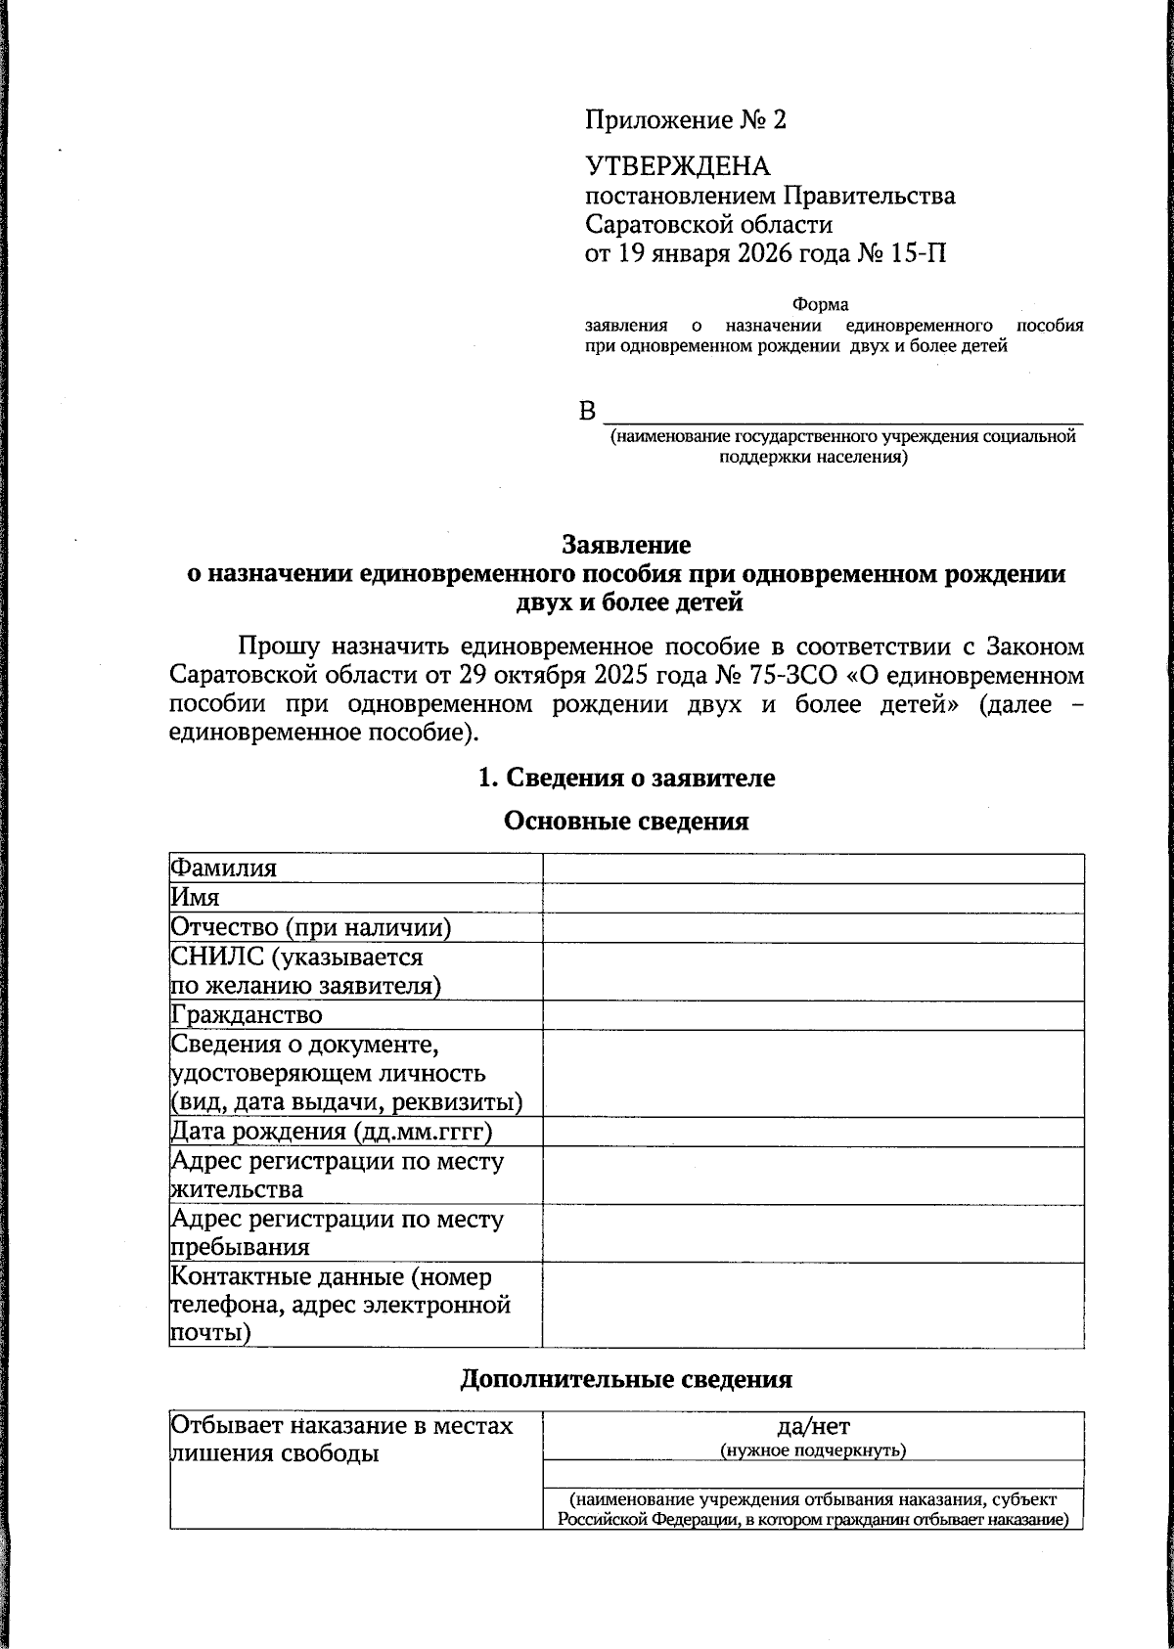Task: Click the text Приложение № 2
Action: coord(686,120)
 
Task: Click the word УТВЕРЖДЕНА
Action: coord(678,166)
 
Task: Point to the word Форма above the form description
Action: coord(820,305)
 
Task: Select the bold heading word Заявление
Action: coord(626,544)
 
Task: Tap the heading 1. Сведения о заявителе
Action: coord(626,778)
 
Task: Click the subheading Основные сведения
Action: coord(626,822)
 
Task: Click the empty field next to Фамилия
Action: coord(813,869)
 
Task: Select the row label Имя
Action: coord(196,898)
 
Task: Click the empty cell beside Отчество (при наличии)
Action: coord(813,927)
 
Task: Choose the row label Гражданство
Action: coord(247,1015)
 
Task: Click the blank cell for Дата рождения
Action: coord(813,1132)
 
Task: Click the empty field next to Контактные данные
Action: coord(813,1305)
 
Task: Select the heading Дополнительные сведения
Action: coord(626,1379)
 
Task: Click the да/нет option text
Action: coord(813,1427)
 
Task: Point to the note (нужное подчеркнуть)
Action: coord(813,1449)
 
